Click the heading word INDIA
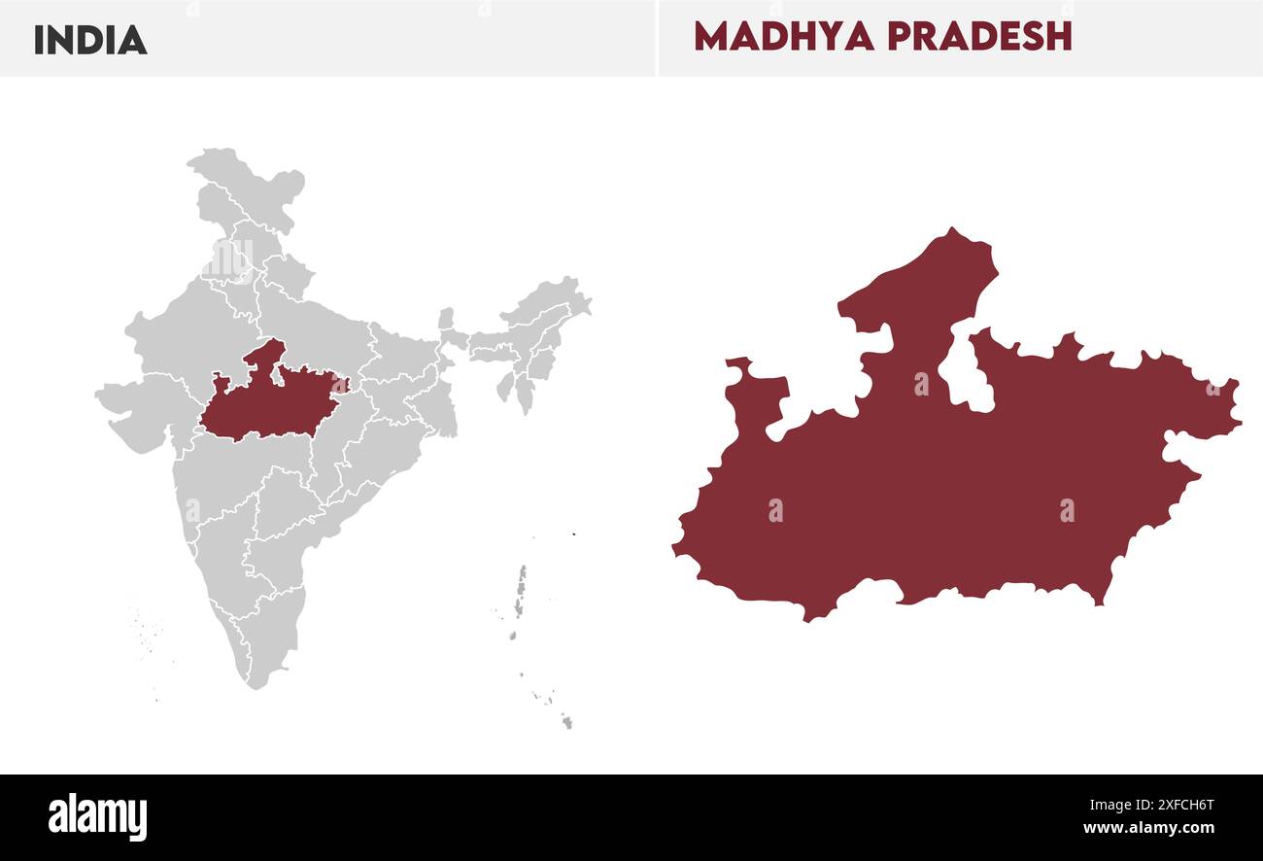pyautogui.click(x=90, y=40)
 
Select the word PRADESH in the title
pyautogui.click(x=979, y=37)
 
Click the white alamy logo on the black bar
pyautogui.click(x=97, y=817)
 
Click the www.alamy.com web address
pyautogui.click(x=1148, y=829)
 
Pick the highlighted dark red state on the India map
pyautogui.click(x=272, y=403)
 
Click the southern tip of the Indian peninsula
pyautogui.click(x=256, y=683)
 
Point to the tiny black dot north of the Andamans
pyautogui.click(x=574, y=534)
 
